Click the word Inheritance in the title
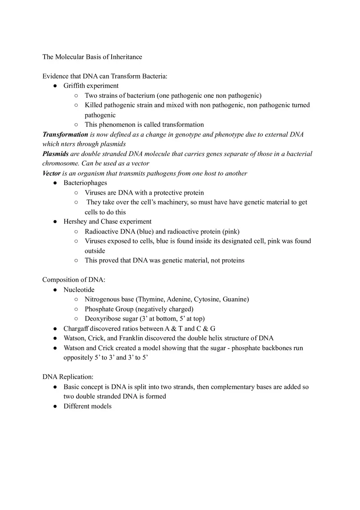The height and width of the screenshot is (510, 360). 126,57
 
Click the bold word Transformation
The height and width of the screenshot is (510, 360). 65,134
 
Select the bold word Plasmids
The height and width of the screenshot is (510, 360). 55,154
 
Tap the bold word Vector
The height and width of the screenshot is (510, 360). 52,173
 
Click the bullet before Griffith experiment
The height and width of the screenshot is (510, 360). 55,86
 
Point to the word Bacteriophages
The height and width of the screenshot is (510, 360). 85,183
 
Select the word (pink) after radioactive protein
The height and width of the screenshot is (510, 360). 231,231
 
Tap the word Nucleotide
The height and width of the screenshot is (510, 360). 79,290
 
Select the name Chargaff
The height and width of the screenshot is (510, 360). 76,328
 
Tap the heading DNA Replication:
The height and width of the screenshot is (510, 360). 68,377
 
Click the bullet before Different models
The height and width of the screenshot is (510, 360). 55,407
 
